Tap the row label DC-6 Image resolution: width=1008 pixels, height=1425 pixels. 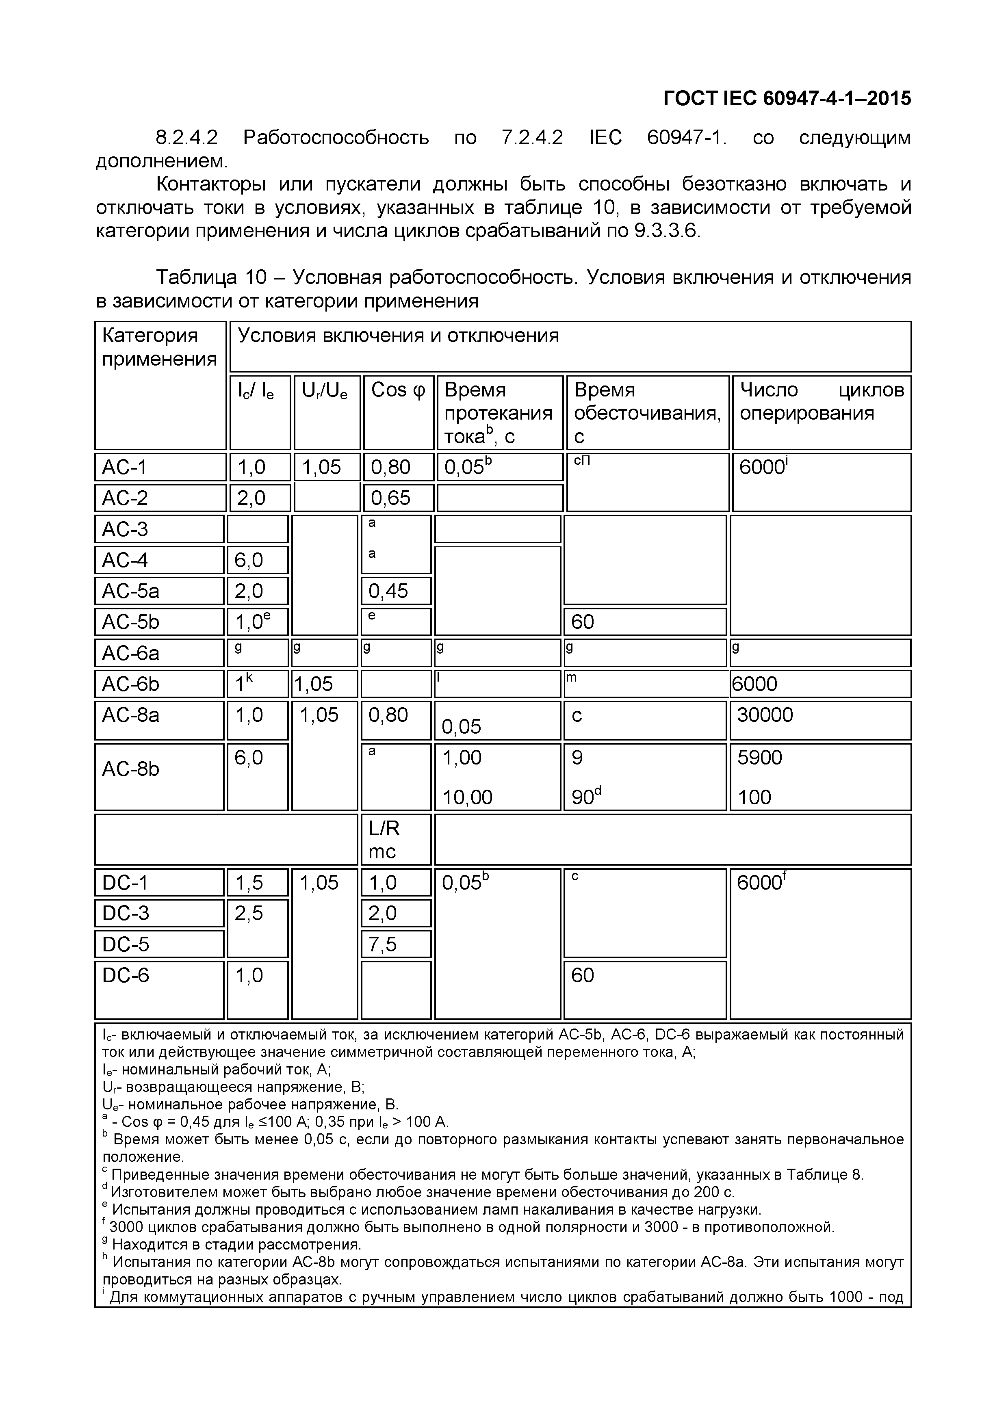pyautogui.click(x=126, y=975)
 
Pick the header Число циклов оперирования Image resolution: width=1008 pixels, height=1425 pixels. pyautogui.click(x=821, y=402)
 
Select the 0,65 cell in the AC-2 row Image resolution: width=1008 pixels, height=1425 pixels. pyautogui.click(x=390, y=498)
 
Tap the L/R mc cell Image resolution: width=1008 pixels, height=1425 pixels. pyautogui.click(x=384, y=840)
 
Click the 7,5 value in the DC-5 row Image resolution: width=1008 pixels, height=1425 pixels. pyautogui.click(x=383, y=944)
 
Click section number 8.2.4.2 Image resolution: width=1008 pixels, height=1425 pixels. pyautogui.click(x=186, y=137)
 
